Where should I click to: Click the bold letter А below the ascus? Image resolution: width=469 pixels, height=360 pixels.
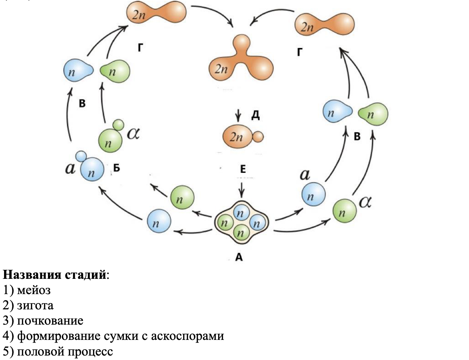(x=239, y=257)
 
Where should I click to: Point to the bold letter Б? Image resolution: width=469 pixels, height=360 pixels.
(x=117, y=168)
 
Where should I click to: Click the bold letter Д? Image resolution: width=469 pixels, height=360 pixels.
(x=255, y=115)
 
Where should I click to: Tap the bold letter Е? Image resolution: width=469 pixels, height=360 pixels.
(x=243, y=169)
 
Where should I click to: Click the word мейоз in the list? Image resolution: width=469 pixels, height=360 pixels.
(x=34, y=290)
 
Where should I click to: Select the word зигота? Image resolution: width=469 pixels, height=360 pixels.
(x=35, y=305)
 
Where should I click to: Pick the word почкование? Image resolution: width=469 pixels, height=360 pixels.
(x=50, y=321)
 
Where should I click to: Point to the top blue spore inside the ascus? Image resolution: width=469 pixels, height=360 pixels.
(x=240, y=213)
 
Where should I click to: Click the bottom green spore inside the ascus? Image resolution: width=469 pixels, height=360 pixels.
(x=240, y=233)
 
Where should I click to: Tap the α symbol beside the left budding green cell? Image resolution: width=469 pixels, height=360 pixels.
(x=133, y=133)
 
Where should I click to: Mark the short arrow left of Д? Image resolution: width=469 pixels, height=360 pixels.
(x=239, y=116)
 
